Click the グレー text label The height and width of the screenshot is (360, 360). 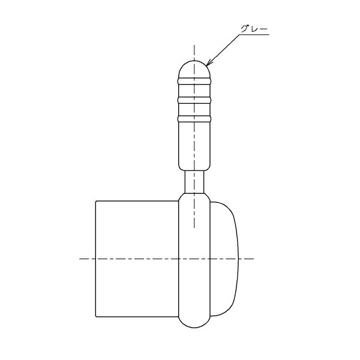click(x=254, y=29)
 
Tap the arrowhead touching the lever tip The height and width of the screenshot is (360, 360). click(x=209, y=62)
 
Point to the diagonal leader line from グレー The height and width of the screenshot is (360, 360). click(x=223, y=50)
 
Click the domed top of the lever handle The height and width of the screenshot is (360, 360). click(x=194, y=69)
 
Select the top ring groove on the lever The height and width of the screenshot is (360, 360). click(x=194, y=81)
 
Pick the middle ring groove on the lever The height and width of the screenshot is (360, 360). click(x=194, y=100)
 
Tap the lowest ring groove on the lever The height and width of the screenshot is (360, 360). click(x=194, y=119)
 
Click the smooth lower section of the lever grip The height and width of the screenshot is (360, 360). click(x=194, y=146)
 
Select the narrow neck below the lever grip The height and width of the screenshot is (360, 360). click(x=194, y=182)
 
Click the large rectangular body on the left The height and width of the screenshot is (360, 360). click(x=137, y=259)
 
